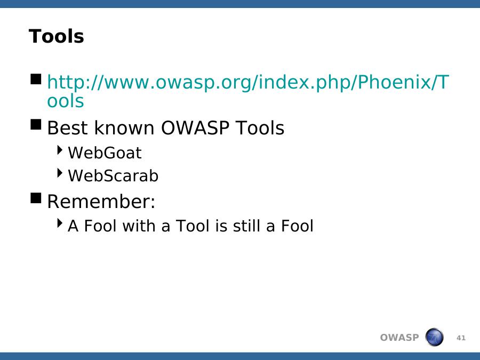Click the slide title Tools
(57, 36)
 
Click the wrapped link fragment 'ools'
(66, 100)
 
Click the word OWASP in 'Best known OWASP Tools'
(195, 127)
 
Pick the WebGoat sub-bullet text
(105, 153)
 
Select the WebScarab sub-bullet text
(113, 175)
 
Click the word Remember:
(101, 202)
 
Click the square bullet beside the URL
(36, 79)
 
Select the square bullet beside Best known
(36, 124)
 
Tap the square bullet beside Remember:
(36, 198)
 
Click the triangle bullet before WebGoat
(60, 150)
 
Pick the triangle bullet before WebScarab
(60, 173)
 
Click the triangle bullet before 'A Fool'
(60, 223)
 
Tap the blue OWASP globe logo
(434, 337)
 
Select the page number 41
(461, 338)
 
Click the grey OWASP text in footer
(399, 338)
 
